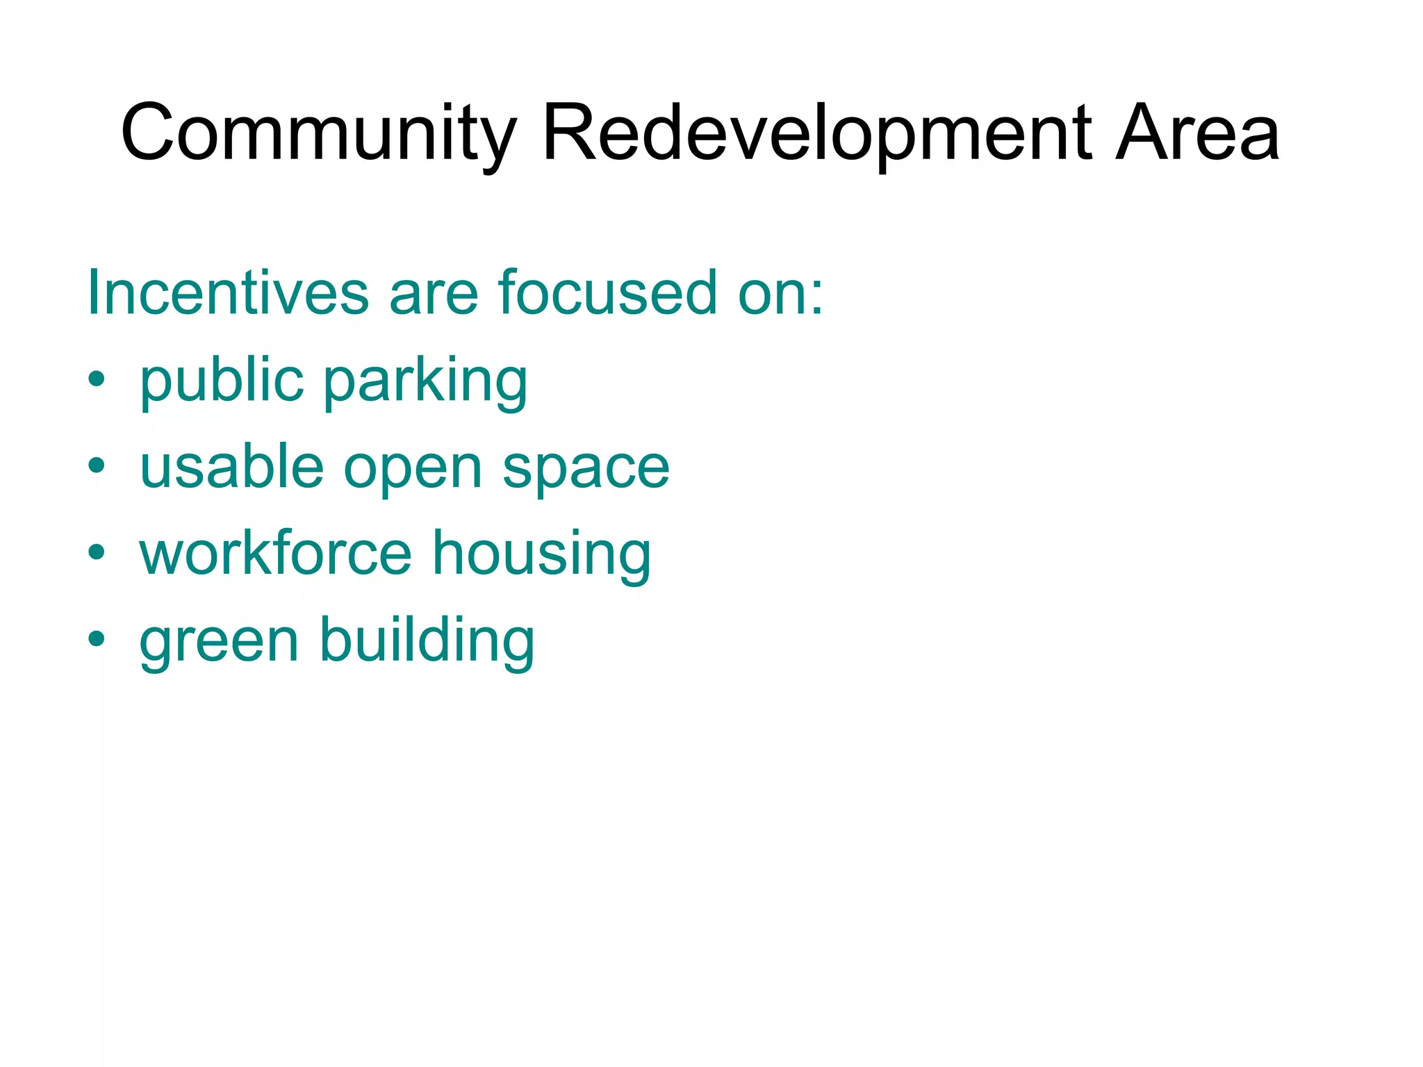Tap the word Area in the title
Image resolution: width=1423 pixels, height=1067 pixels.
1196,133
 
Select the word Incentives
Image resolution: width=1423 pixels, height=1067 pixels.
227,292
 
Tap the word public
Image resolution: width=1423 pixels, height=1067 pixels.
222,381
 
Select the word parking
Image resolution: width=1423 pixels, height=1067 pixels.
425,381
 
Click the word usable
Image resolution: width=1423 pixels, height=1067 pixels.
231,467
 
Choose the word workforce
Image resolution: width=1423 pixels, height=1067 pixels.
276,554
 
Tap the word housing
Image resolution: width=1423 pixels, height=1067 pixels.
541,555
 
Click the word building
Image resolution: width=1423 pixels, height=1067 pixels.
427,640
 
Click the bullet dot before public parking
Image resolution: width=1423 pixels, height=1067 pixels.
97,380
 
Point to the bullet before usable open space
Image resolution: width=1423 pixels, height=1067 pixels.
97,466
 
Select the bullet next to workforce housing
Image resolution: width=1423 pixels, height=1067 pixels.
97,552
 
